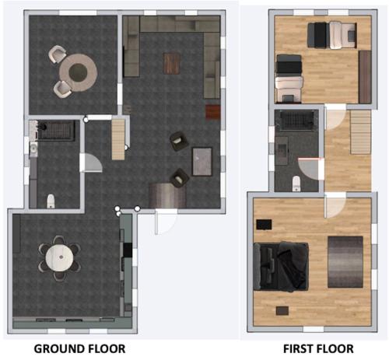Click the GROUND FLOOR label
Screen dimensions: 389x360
pos(79,348)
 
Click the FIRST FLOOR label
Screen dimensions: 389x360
pos(318,348)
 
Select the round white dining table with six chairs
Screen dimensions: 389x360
pos(60,258)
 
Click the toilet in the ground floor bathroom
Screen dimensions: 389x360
pos(51,201)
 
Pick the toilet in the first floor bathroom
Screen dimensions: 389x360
pos(296,183)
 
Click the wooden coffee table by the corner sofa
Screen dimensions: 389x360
pos(171,63)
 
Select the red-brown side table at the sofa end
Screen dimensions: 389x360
pos(213,113)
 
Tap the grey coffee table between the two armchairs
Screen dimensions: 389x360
pos(202,162)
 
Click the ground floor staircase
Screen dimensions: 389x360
pos(118,140)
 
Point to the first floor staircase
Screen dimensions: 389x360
pos(361,132)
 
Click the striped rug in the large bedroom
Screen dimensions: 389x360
pos(345,262)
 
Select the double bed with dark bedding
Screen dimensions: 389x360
pos(281,266)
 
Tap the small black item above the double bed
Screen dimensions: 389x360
pos(264,225)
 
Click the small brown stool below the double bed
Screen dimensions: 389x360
pos(282,310)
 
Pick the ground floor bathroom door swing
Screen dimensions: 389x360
pos(91,163)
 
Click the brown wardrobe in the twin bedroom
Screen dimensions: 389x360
pos(365,77)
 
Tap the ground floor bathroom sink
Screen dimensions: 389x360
pos(33,149)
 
